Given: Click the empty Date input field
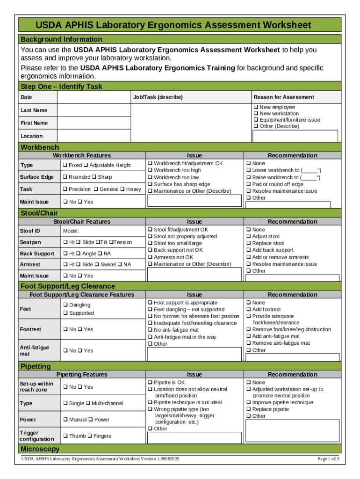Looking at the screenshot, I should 94,97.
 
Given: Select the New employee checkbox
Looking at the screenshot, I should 256,107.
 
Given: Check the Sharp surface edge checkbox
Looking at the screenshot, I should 94,177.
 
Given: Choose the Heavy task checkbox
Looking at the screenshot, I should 122,189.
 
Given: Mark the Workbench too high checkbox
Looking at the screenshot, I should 150,170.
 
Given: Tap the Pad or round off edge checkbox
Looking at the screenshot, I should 248,184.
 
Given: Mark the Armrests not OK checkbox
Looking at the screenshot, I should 150,257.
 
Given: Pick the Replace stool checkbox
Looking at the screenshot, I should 248,243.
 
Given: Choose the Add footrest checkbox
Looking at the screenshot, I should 248,309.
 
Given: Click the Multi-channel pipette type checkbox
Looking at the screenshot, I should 88,403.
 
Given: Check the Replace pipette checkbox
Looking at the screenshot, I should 248,409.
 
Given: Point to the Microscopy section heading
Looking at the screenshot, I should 40,449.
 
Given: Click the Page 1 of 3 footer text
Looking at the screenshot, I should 328,459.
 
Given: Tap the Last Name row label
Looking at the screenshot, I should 34,110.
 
